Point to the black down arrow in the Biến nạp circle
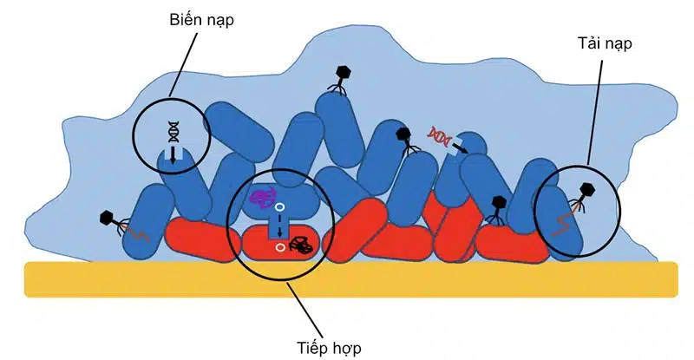coord(173,154)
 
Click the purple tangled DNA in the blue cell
coord(261,198)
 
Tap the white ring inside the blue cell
coord(280,208)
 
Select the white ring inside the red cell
coord(280,247)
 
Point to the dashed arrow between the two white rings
coord(280,227)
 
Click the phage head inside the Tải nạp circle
coord(587,187)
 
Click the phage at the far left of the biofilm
coord(111,219)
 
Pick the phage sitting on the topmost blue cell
coord(342,76)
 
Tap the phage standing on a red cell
coord(497,206)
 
